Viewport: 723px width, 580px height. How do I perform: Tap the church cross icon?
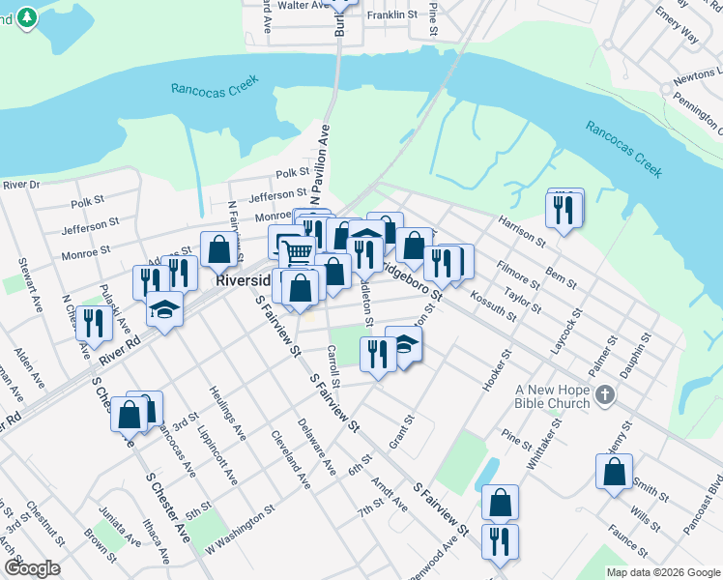tap(604, 394)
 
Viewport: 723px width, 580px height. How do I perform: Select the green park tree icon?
tap(28, 17)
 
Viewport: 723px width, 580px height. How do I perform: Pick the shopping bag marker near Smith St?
tap(614, 472)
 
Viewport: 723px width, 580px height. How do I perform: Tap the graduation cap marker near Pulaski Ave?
tap(164, 311)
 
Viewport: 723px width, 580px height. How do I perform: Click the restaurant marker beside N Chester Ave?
tap(94, 320)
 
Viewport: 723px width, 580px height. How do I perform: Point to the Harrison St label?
tap(522, 227)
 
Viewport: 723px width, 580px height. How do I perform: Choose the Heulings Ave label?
tap(229, 412)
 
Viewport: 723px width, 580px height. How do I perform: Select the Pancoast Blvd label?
tap(713, 503)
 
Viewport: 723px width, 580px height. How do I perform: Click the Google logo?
tap(32, 568)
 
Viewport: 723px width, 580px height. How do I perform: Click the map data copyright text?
tap(662, 572)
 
